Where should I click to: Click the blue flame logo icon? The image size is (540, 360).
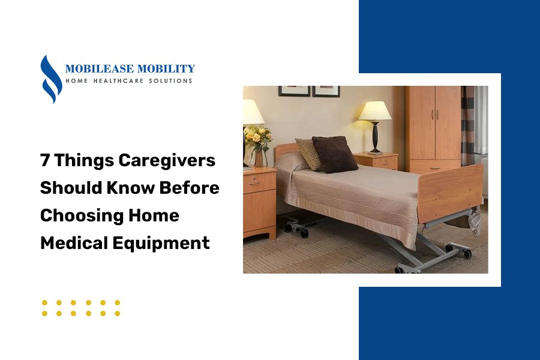pos(51,79)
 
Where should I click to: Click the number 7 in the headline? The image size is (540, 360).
pos(45,161)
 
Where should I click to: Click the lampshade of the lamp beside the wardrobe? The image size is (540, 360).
pos(374,110)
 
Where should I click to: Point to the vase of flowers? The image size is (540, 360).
pos(258,141)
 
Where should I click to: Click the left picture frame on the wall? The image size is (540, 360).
pos(294,91)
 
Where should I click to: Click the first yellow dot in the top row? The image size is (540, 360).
pos(45,302)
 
